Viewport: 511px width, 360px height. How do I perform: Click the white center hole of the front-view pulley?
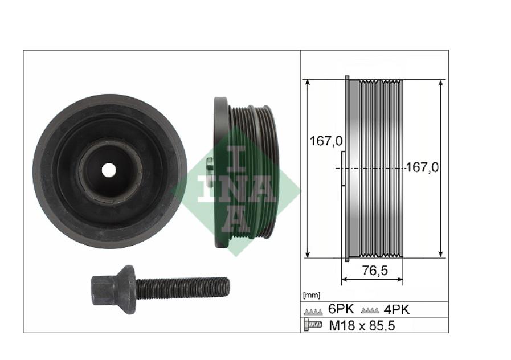tap(109, 170)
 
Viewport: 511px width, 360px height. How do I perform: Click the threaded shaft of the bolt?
tap(182, 287)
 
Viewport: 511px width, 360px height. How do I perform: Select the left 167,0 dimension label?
tap(326, 141)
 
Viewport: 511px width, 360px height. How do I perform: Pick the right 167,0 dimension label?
tap(422, 167)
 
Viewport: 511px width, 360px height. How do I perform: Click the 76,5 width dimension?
tap(375, 270)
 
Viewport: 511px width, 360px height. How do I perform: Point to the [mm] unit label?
tap(312, 295)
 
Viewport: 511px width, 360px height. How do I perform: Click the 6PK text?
tap(341, 309)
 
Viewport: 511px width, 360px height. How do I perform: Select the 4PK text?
tap(396, 309)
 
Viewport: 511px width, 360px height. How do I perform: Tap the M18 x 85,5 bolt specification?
tap(362, 325)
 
